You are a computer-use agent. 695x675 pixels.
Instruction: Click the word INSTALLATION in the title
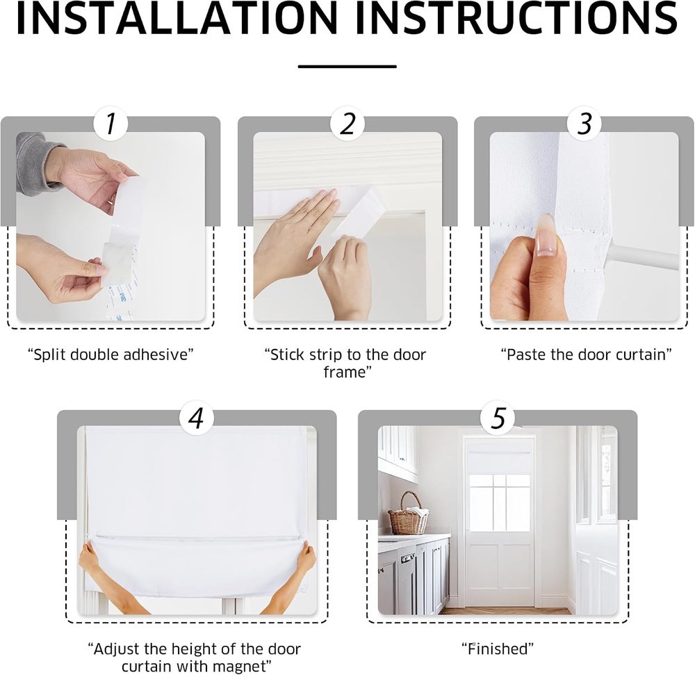[177, 18]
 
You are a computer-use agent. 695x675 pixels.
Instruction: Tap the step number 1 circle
[111, 123]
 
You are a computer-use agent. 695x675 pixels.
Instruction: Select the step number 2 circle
[347, 123]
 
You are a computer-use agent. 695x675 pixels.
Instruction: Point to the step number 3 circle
[584, 123]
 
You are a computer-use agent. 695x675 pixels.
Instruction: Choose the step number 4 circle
[197, 418]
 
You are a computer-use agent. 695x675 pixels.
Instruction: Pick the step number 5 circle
[498, 418]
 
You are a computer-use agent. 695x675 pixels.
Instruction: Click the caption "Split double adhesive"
[111, 355]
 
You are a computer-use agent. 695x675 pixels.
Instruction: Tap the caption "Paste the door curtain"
[586, 355]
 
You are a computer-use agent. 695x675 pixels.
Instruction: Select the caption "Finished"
[498, 649]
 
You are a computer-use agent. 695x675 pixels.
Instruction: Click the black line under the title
[347, 67]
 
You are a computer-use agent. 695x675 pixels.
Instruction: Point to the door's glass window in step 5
[500, 503]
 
